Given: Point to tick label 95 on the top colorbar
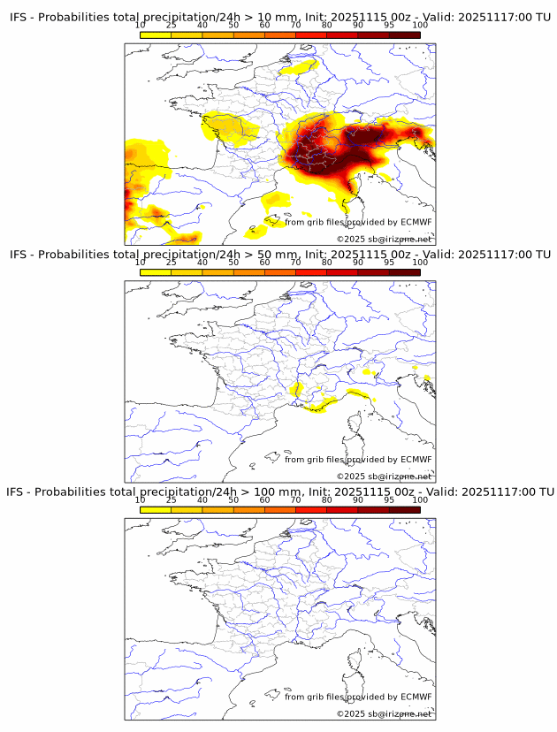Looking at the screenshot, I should coord(390,26).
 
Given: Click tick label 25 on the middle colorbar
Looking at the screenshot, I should coord(172,263).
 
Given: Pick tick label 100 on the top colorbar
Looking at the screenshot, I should coord(420,26).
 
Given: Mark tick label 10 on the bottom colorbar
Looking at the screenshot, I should coord(141,499).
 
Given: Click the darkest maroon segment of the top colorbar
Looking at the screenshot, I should coord(405,34).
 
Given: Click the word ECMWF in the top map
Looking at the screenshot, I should coord(416,222).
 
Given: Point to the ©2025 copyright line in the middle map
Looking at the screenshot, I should coord(384,477).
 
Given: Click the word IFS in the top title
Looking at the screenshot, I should coord(19,18).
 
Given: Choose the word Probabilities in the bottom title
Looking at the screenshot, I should coord(72,492).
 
